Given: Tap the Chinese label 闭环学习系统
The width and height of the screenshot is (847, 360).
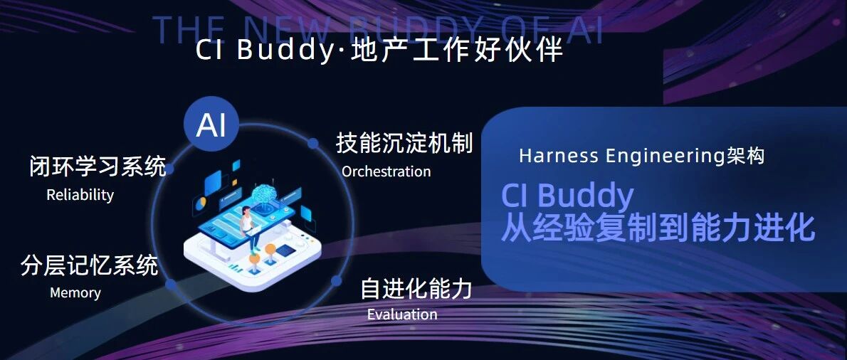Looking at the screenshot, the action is coord(98,166).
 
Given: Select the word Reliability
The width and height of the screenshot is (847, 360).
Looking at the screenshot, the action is coord(80,194).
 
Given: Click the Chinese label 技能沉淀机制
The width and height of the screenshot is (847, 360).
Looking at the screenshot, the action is coord(404,144).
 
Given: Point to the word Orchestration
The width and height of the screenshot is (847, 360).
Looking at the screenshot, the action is coord(386,171).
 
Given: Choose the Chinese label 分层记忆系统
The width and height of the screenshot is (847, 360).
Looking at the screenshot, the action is coord(90,265).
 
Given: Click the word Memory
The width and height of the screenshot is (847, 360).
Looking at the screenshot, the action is coord(75,292).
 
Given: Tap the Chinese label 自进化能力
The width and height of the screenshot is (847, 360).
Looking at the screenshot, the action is coord(416,289).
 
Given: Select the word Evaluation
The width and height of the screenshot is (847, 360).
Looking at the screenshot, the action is coord(402,314).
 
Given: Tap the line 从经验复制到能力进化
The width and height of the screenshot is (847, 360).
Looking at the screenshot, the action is coord(658,228).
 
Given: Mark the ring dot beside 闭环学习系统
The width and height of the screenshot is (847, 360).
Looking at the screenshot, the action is coord(169,169).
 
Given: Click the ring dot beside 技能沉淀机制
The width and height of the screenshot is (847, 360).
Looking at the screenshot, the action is coord(312,144).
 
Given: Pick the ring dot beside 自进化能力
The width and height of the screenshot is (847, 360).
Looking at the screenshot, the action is coord(336,280).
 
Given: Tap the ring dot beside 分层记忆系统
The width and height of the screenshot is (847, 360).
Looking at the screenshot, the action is coord(171,285).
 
